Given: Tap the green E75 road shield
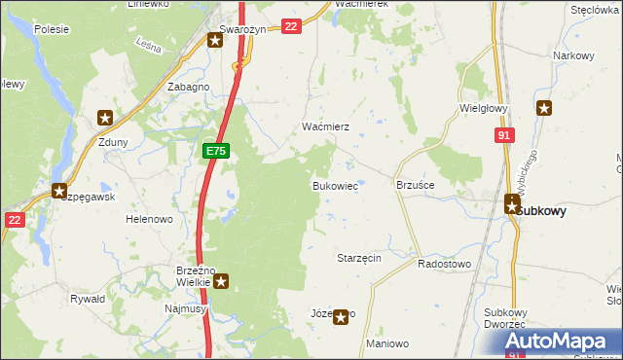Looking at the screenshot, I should click(216, 151).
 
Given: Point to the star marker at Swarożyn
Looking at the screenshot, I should click(214, 40).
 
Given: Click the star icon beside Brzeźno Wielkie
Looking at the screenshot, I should click(221, 282).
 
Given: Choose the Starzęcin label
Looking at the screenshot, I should click(358, 258).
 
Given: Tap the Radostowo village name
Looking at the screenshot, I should click(444, 264).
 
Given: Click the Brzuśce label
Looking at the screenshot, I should click(415, 184).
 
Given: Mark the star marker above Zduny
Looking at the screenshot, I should click(105, 119).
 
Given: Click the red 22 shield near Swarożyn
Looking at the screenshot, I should click(290, 26).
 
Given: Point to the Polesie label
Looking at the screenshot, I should click(51, 29).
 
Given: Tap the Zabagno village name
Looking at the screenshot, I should click(189, 87).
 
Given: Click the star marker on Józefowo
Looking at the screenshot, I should click(340, 316).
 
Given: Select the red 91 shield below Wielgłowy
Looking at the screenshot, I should click(503, 137).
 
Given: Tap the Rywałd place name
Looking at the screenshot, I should click(88, 299).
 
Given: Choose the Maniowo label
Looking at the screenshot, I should click(386, 344).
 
